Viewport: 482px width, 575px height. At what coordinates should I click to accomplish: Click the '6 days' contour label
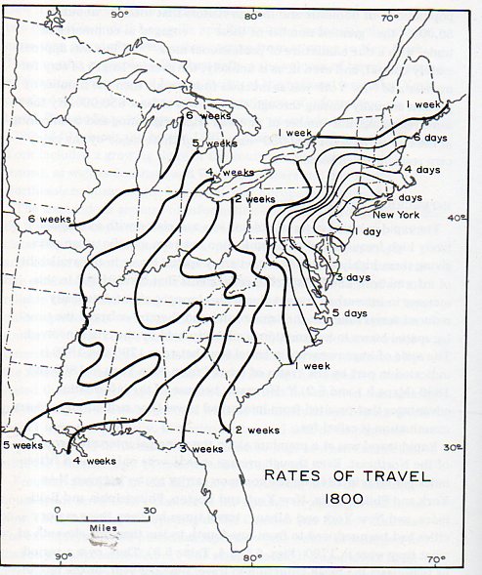pyautogui.click(x=428, y=137)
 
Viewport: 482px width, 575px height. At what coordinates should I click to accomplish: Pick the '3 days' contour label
pyautogui.click(x=358, y=279)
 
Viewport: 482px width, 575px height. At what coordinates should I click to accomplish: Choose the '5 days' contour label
pyautogui.click(x=350, y=312)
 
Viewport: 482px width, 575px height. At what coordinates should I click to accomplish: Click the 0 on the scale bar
pyautogui.click(x=58, y=510)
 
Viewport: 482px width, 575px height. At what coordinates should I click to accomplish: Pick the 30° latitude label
pyautogui.click(x=452, y=448)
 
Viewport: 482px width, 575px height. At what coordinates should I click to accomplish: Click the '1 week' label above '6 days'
pyautogui.click(x=423, y=103)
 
